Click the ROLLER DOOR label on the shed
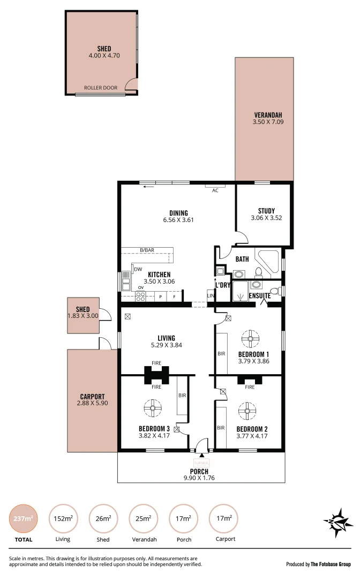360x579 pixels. pyautogui.click(x=100, y=87)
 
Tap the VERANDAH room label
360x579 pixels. pyautogui.click(x=268, y=115)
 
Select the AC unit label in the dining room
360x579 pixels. pyautogui.click(x=215, y=190)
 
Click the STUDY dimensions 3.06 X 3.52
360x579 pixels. pyautogui.click(x=266, y=218)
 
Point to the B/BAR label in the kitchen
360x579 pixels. pyautogui.click(x=147, y=250)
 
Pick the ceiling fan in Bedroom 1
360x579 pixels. pyautogui.click(x=250, y=339)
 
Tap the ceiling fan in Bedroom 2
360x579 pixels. pyautogui.click(x=247, y=412)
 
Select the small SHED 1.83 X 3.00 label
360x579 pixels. pyautogui.click(x=82, y=313)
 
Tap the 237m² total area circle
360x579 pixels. pyautogui.click(x=24, y=518)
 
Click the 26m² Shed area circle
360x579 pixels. pyautogui.click(x=103, y=518)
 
